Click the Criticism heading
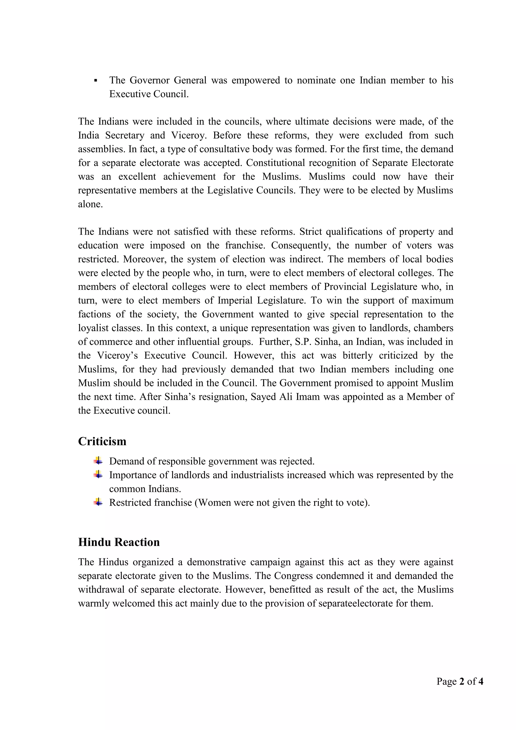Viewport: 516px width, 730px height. [102, 441]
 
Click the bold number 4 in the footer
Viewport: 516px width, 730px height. [481, 681]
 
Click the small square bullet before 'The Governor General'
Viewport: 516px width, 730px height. [96, 80]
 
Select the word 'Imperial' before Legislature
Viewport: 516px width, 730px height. [235, 300]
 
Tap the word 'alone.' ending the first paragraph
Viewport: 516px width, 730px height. [90, 204]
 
